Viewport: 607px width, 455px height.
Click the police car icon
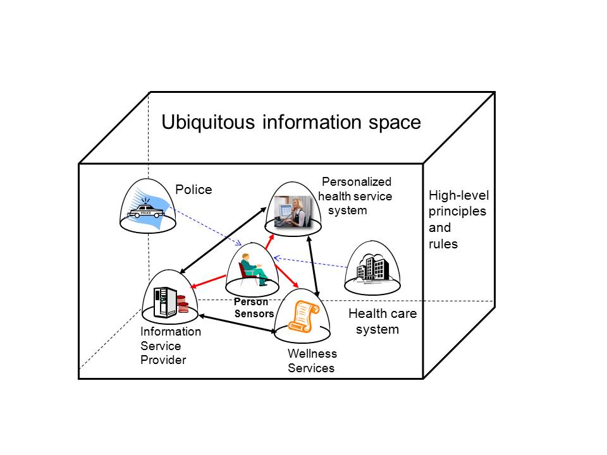click(146, 211)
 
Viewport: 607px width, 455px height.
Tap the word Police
click(193, 190)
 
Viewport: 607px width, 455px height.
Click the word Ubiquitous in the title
click(209, 121)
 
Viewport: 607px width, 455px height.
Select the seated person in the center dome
click(253, 269)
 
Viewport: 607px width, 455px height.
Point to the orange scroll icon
click(303, 316)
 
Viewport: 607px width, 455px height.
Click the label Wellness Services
click(312, 361)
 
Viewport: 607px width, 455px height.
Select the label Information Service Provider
click(170, 346)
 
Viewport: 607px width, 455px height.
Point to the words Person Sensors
click(253, 308)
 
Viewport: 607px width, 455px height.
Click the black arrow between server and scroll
click(236, 320)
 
